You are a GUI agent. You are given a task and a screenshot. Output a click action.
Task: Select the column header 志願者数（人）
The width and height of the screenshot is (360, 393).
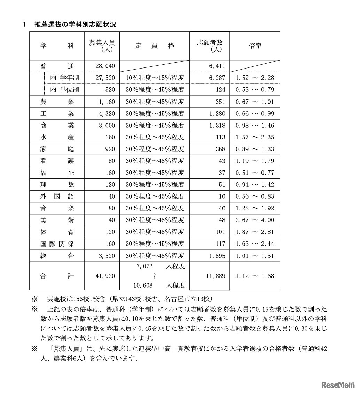point(210,46)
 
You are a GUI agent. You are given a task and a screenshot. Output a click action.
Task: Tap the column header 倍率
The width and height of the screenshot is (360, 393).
point(255,46)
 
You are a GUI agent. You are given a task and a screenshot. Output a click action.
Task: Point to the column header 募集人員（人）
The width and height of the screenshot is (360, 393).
point(102,46)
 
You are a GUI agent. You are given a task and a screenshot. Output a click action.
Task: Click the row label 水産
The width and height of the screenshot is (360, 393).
point(57,137)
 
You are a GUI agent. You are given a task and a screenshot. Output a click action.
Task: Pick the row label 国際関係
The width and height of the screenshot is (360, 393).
point(57,244)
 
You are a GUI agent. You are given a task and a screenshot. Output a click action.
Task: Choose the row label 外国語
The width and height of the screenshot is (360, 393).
point(57,196)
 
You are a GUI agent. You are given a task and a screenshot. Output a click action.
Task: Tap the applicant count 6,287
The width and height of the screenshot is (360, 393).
point(217,78)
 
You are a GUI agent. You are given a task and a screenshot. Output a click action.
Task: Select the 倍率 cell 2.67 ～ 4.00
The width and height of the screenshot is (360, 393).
point(255,220)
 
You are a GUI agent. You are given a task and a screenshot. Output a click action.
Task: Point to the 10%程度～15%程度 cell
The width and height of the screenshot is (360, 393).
point(155,78)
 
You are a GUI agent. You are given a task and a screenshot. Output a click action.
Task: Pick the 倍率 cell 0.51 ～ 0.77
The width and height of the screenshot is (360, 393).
point(255,173)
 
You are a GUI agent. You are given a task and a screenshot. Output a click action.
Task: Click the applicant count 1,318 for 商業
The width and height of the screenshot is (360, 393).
point(217,126)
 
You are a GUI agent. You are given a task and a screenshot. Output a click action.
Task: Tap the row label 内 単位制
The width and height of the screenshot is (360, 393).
point(64,90)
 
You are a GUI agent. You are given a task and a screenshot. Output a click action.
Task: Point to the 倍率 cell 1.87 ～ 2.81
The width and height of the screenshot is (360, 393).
point(255,232)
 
